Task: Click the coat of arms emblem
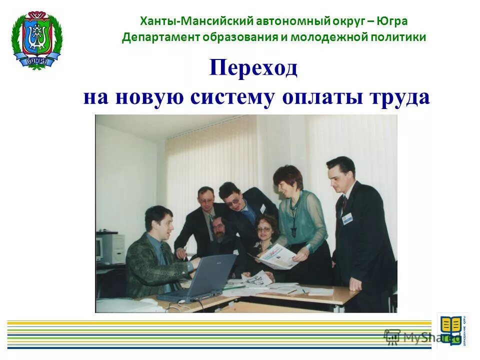coord(36,40)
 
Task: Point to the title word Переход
coord(253,67)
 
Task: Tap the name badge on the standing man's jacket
coord(347,218)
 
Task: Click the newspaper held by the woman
coord(278,256)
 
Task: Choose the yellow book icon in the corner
coord(451,327)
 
